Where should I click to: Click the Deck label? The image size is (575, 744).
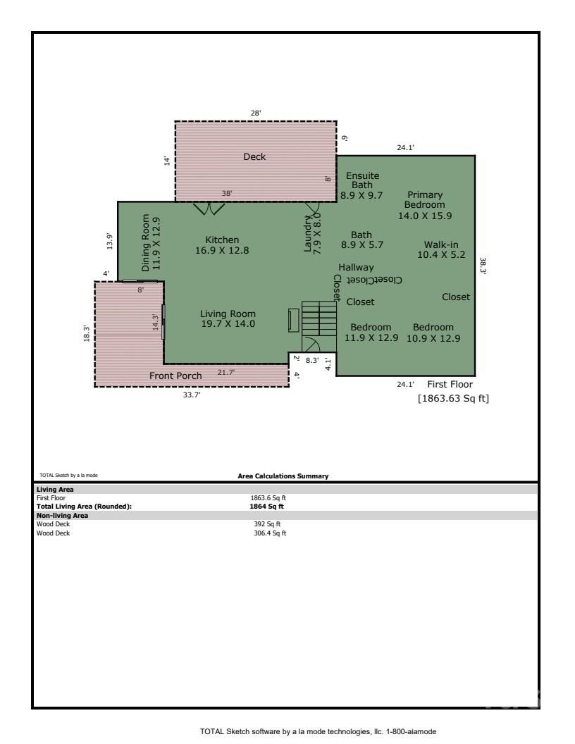click(x=254, y=156)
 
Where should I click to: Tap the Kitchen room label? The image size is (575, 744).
click(x=222, y=244)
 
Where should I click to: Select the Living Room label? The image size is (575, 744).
click(x=228, y=318)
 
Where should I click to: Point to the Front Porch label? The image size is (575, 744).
click(x=175, y=376)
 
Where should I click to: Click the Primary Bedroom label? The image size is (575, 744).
click(x=424, y=205)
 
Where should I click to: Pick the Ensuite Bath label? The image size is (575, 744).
click(x=361, y=185)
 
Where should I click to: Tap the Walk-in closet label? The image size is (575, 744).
click(x=440, y=249)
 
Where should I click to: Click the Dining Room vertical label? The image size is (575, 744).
click(x=151, y=243)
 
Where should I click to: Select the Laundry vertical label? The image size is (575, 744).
click(x=312, y=235)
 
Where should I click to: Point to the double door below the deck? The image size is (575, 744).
click(x=209, y=208)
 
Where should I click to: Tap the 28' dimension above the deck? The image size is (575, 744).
click(x=256, y=113)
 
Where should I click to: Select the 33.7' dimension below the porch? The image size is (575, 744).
click(x=192, y=395)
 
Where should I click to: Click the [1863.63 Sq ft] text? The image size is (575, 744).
click(x=453, y=399)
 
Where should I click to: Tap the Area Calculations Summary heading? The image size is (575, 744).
click(x=283, y=476)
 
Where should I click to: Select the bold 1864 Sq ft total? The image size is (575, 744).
click(x=268, y=506)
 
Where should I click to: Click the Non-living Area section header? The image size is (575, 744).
click(x=61, y=515)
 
